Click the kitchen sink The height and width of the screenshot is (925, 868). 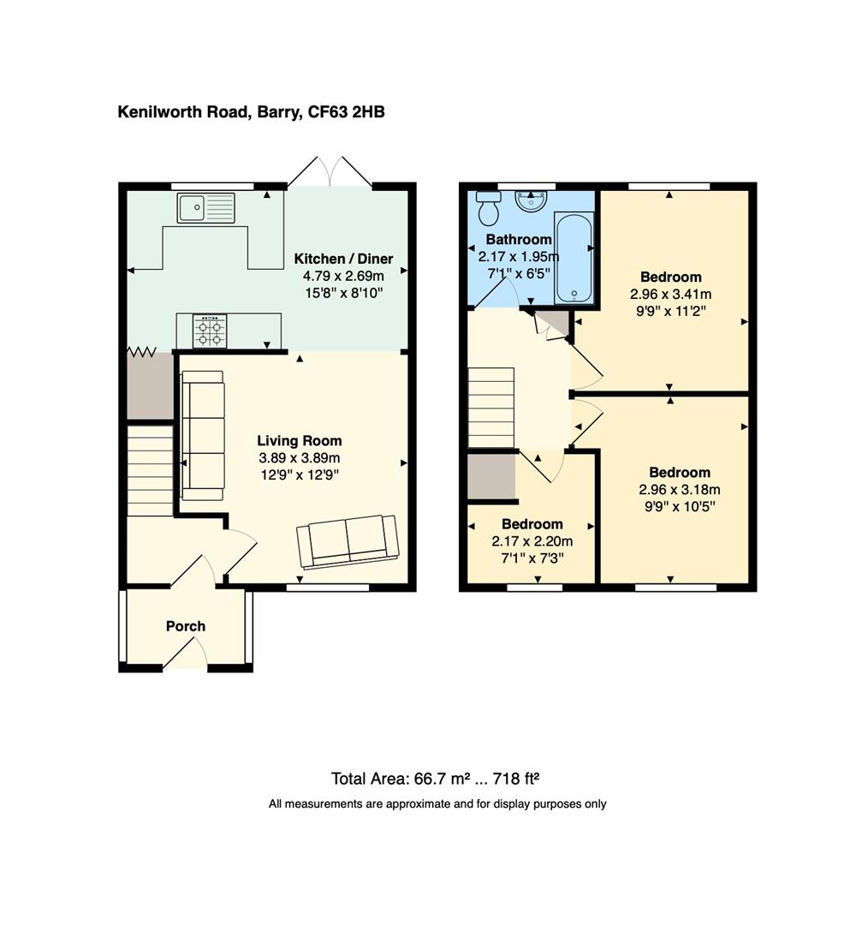205,207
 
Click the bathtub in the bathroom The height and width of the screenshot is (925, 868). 574,259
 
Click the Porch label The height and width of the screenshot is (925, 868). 186,626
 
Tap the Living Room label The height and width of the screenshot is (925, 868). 300,441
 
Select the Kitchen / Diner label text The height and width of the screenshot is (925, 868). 343,260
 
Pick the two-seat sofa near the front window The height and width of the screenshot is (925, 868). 348,541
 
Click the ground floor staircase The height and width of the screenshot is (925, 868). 151,471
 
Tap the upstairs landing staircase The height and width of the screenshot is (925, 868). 490,409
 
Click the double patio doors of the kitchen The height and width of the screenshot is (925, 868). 330,172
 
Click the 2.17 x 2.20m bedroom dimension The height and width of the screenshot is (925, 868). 532,541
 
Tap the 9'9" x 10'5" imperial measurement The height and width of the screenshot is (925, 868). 680,506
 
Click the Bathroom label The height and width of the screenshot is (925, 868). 519,240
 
